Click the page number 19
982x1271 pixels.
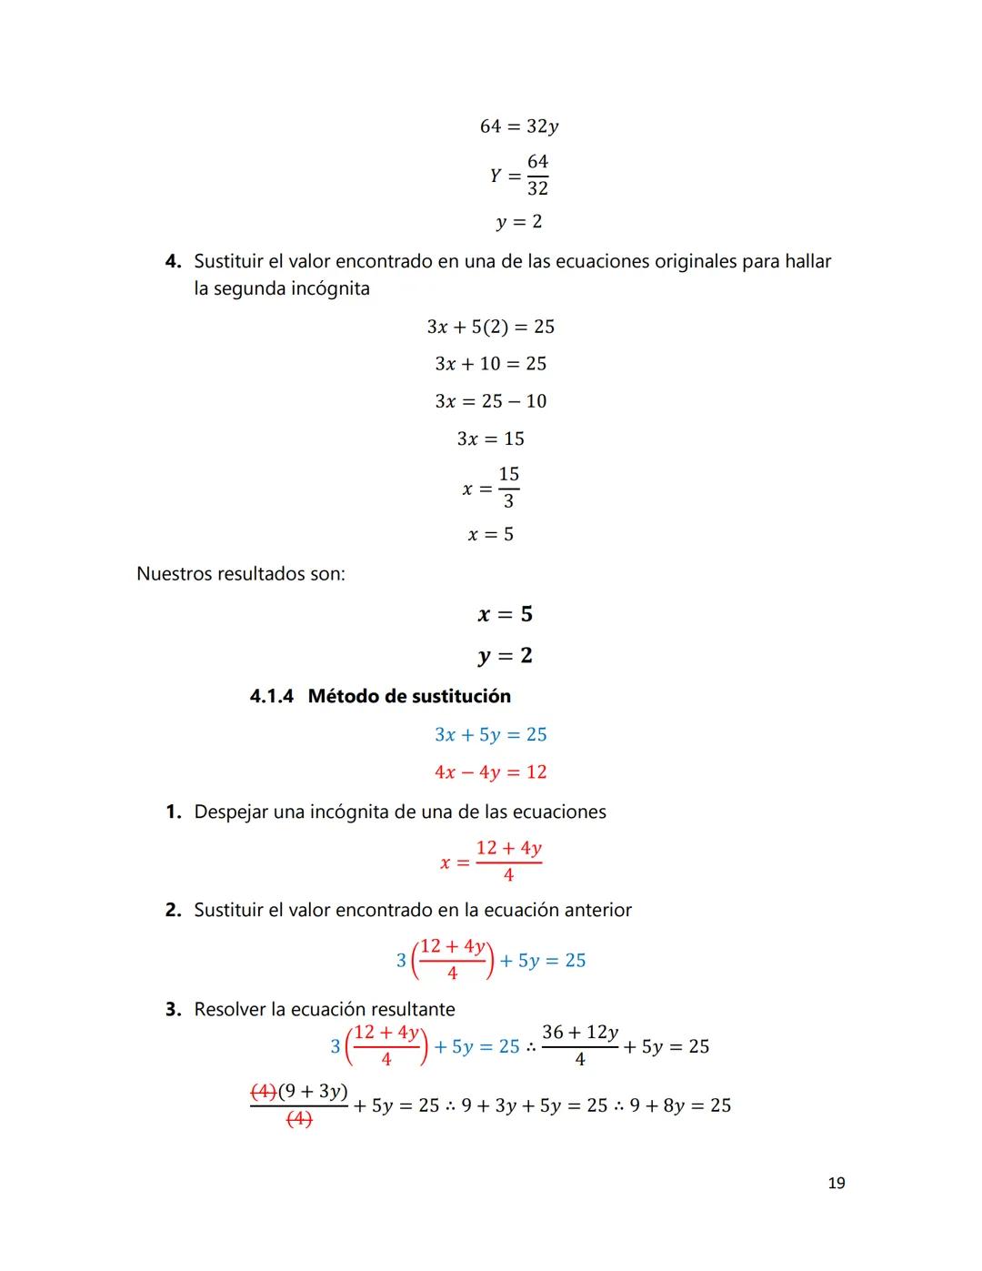coord(837,1183)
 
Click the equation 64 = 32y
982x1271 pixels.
coord(518,126)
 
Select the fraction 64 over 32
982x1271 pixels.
coord(537,175)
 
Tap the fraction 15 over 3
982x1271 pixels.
coord(508,488)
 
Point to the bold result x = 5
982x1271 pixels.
coord(505,614)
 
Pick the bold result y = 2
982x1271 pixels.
coord(505,655)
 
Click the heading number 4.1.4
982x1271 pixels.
coord(272,696)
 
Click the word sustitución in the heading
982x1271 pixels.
coord(461,696)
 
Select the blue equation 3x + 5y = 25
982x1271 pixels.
coord(490,734)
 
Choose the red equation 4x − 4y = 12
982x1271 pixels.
coord(490,772)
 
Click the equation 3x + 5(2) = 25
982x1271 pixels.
coord(490,327)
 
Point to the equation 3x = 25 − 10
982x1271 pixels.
coord(490,401)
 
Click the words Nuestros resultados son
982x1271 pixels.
coord(240,574)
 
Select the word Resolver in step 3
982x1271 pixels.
coord(233,1009)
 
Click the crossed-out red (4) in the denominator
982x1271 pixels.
coord(299,1121)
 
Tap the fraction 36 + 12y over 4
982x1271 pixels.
coord(580,1045)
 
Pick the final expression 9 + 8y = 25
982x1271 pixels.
coord(680,1105)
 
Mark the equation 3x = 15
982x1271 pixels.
coord(490,439)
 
